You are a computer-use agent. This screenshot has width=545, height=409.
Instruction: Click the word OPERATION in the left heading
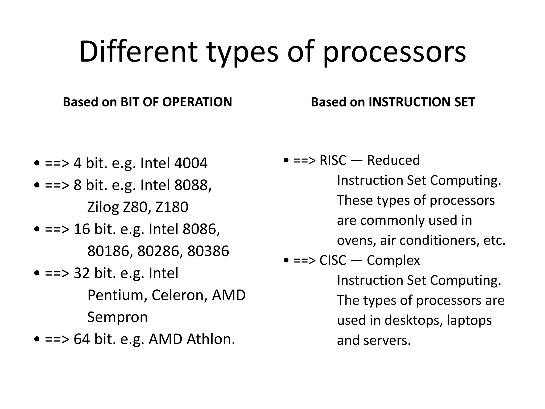[197, 102]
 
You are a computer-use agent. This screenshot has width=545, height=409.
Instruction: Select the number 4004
[191, 163]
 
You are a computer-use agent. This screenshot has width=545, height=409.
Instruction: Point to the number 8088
[191, 185]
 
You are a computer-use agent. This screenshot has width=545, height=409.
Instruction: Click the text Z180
[172, 207]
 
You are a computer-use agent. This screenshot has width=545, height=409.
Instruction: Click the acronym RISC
[333, 160]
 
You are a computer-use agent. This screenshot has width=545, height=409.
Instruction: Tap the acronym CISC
[333, 260]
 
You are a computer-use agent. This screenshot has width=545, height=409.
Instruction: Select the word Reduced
[393, 160]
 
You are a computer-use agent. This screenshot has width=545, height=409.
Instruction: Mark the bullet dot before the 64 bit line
[37, 339]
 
